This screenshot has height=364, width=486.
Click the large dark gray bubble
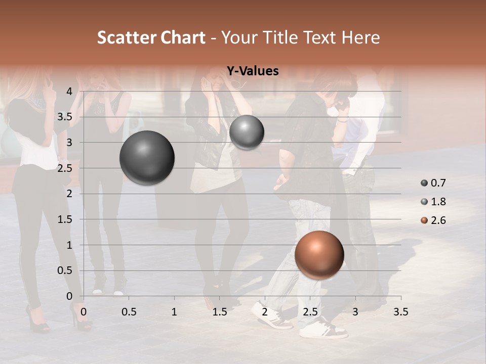(x=147, y=158)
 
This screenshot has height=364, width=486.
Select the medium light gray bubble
(x=247, y=132)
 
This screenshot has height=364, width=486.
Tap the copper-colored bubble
(x=319, y=255)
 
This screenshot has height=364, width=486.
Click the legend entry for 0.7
(x=433, y=183)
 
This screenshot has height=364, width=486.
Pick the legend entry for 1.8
(x=433, y=202)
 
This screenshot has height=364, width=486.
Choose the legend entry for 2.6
(x=433, y=220)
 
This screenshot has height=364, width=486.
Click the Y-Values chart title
(x=252, y=71)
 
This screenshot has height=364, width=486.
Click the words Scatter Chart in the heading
(x=151, y=37)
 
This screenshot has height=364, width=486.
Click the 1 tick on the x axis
(x=174, y=312)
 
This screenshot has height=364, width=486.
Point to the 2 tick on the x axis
(x=265, y=312)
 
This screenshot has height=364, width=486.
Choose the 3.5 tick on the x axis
(x=400, y=312)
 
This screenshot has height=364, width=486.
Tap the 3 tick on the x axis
(x=355, y=312)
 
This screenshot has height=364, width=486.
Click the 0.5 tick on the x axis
(x=129, y=312)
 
